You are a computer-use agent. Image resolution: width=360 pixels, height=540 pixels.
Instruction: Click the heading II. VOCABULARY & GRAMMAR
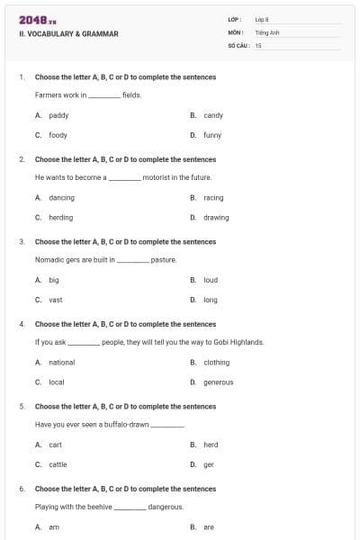pos(68,34)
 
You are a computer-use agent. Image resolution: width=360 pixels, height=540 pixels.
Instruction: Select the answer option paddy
pos(58,115)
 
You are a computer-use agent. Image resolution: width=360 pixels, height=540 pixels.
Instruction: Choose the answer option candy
pos(213,115)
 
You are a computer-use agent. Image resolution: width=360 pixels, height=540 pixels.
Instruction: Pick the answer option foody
pos(58,135)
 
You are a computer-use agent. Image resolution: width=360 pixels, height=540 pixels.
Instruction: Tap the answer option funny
pos(212,135)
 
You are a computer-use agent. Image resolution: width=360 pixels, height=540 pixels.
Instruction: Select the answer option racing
pos(213,197)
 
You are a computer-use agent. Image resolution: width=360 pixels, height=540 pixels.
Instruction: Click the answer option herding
pos(61,217)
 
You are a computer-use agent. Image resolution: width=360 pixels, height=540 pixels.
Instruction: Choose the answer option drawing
pos(216,217)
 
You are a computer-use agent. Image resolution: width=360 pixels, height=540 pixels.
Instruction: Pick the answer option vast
pos(56,300)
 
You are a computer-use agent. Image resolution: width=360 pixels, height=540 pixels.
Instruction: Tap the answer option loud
pos(211,280)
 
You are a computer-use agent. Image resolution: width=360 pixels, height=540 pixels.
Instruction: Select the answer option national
pos(62,362)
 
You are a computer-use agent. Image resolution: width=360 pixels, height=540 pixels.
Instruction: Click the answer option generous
pos(219,382)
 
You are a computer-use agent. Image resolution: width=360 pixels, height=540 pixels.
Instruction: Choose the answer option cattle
pos(58,464)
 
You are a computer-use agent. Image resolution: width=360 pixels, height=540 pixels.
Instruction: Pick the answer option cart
pos(56,445)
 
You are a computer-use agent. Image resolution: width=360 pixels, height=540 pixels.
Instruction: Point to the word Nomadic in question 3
pos(49,259)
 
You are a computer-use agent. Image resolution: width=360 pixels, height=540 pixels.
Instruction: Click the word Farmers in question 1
pos(49,94)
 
